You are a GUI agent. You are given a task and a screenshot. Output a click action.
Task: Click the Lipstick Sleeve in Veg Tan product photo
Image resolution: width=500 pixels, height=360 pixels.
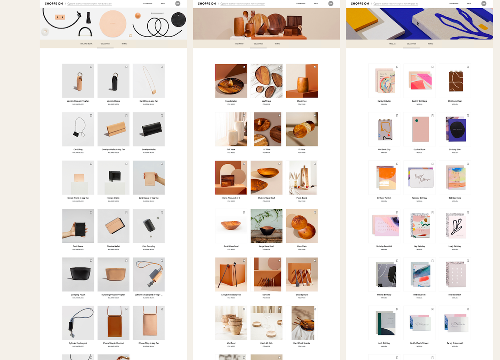pos(78,81)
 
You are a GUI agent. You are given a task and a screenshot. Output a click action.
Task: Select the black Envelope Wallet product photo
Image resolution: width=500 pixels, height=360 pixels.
pos(148,129)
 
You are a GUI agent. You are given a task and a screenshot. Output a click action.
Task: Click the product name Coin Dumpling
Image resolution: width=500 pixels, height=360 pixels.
pos(149,246)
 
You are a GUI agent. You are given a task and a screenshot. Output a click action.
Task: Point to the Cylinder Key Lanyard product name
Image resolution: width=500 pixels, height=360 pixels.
pos(78,343)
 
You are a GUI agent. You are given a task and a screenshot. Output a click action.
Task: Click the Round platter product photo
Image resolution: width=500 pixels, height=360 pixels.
pos(231,81)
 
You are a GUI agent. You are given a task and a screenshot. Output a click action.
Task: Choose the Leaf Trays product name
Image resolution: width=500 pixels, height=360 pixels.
pos(266,101)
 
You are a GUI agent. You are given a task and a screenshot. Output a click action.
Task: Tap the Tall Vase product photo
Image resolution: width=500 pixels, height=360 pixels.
pos(231,129)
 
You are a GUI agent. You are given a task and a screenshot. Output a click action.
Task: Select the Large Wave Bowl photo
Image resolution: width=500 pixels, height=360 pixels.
pos(266,226)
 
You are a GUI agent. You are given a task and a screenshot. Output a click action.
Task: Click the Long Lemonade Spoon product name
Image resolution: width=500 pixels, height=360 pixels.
pos(231,294)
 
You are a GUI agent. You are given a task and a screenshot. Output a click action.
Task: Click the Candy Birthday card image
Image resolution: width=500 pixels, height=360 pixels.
pos(384,81)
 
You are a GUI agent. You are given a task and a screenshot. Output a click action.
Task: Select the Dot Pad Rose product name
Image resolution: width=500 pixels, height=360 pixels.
pos(419,149)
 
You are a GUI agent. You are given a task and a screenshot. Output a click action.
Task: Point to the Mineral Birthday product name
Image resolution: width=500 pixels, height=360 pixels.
pos(384,294)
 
